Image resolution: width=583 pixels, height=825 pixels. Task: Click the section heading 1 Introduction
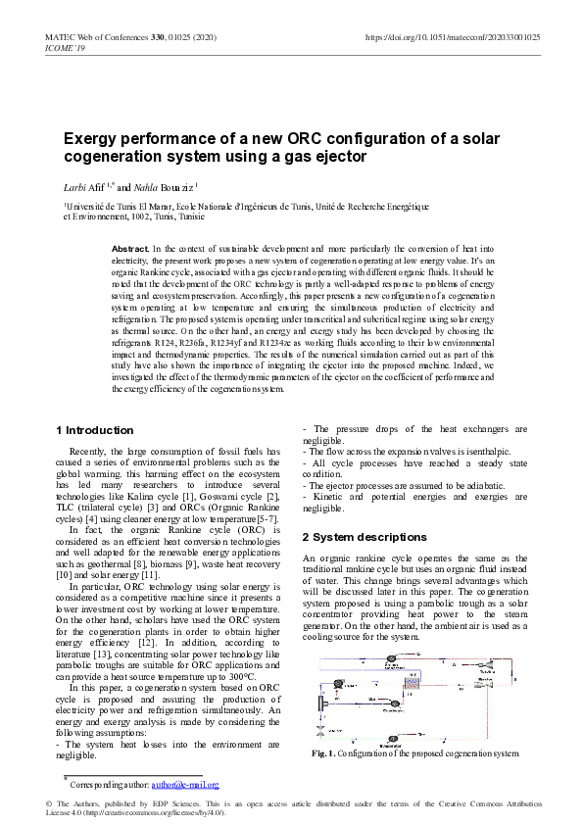click(x=95, y=429)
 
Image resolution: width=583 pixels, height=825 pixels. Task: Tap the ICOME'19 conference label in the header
click(x=65, y=48)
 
